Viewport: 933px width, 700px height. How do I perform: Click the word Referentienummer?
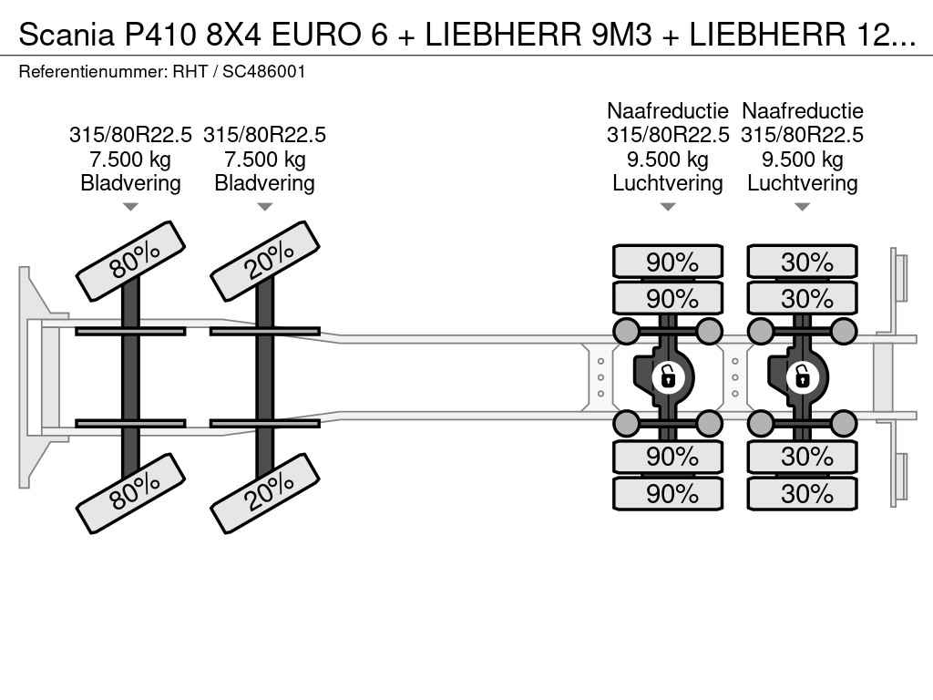pyautogui.click(x=92, y=71)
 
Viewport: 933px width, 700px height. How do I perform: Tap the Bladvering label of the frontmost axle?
pyautogui.click(x=130, y=183)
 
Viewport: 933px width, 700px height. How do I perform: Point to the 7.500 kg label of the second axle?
pyautogui.click(x=264, y=160)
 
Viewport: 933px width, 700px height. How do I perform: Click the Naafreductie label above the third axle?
pyautogui.click(x=668, y=111)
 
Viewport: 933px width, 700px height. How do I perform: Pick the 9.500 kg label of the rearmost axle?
pyautogui.click(x=802, y=160)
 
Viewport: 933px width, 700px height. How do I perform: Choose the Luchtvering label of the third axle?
pyautogui.click(x=668, y=183)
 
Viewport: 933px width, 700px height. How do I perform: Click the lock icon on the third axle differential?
pyautogui.click(x=668, y=376)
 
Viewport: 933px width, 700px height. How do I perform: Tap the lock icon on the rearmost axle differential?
pyautogui.click(x=802, y=376)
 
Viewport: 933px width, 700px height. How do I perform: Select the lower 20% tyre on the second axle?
pyautogui.click(x=264, y=492)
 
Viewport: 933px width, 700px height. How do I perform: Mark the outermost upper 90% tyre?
pyautogui.click(x=668, y=262)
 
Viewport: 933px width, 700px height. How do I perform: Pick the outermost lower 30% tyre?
pyautogui.click(x=802, y=494)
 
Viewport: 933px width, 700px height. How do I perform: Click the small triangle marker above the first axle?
pyautogui.click(x=130, y=207)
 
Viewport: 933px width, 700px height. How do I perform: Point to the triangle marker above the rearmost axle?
pyautogui.click(x=802, y=207)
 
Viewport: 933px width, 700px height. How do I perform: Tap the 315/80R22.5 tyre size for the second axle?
pyautogui.click(x=264, y=135)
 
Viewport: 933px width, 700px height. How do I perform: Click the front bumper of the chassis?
pyautogui.click(x=32, y=376)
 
